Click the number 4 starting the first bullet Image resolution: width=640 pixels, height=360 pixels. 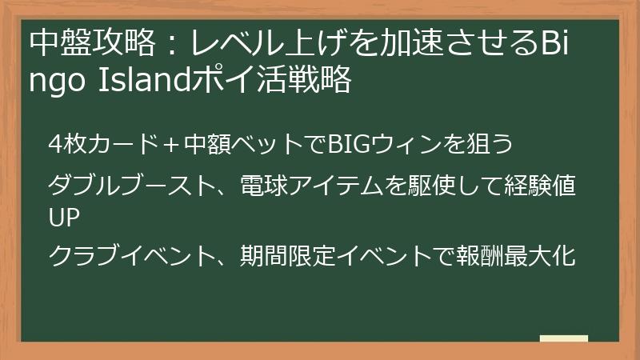pos(54,146)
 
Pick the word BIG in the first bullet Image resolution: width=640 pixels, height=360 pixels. pos(349,146)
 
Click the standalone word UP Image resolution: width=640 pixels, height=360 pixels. pos(62,218)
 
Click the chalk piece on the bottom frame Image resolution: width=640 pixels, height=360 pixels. pos(563,339)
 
